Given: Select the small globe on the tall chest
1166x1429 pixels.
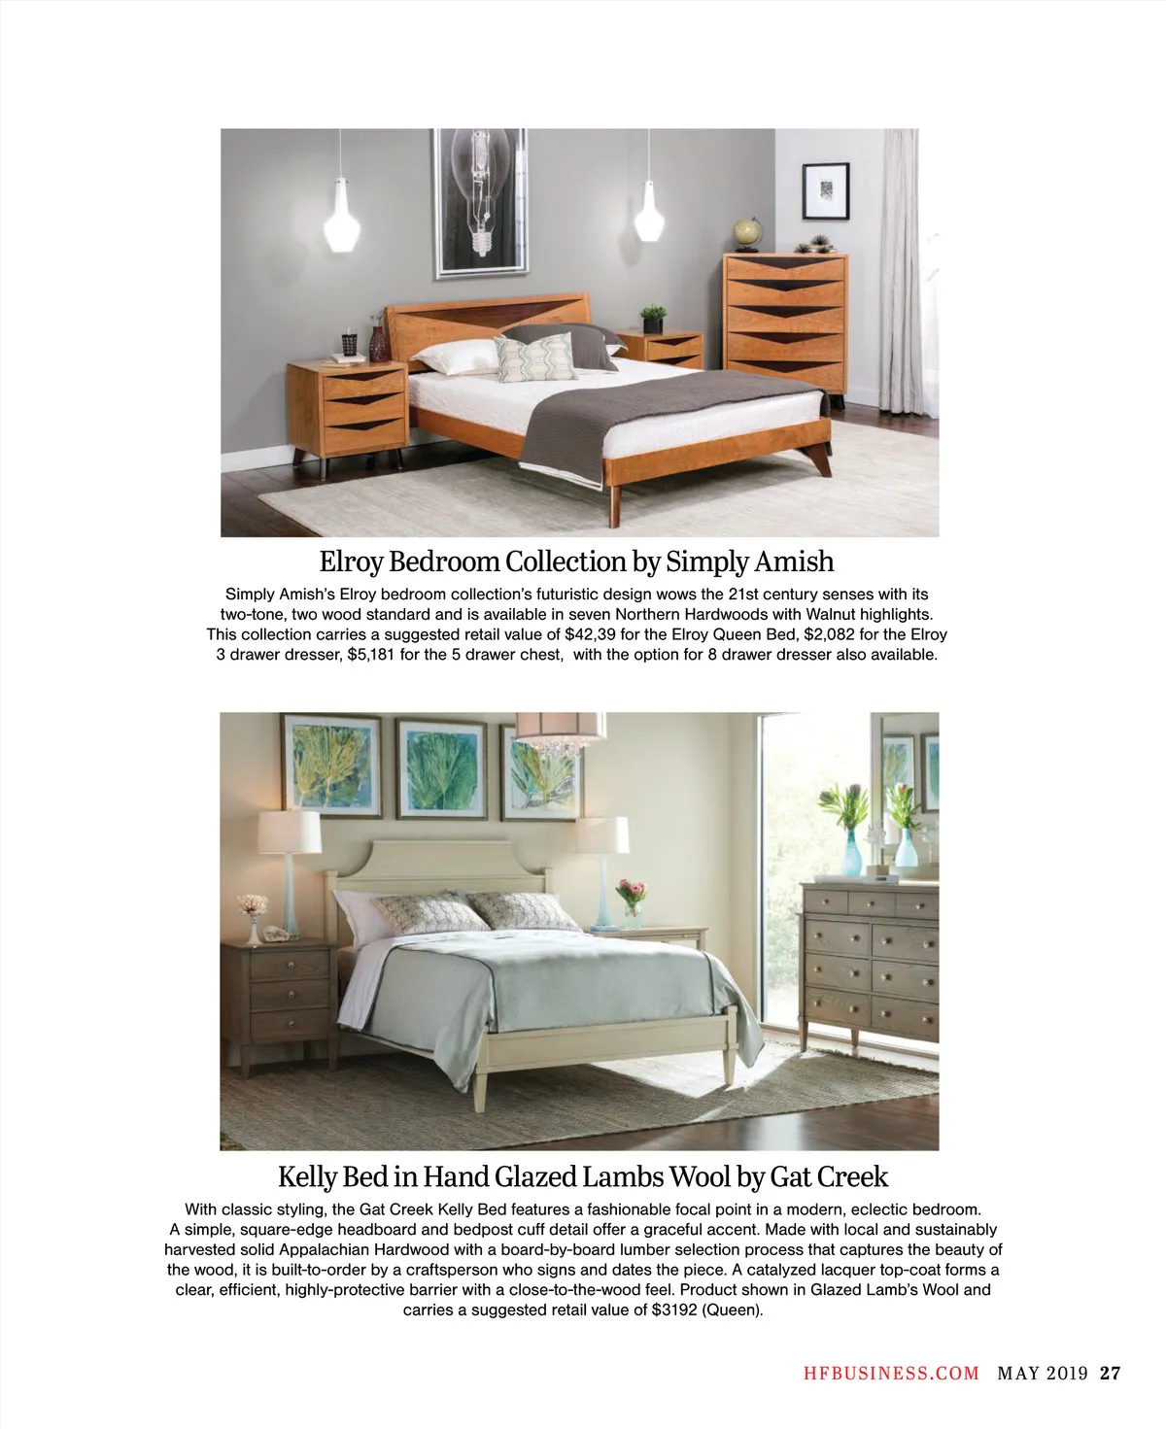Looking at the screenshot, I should click(746, 231).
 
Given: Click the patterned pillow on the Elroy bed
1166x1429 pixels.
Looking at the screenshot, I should click(535, 358).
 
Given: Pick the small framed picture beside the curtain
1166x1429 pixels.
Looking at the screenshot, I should click(826, 191).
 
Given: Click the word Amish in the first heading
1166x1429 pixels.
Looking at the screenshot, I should click(795, 561).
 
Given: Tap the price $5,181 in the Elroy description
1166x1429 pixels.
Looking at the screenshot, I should click(370, 654).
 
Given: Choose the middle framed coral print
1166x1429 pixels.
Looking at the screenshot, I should click(441, 768).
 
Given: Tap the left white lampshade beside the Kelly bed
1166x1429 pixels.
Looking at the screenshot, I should click(290, 833).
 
